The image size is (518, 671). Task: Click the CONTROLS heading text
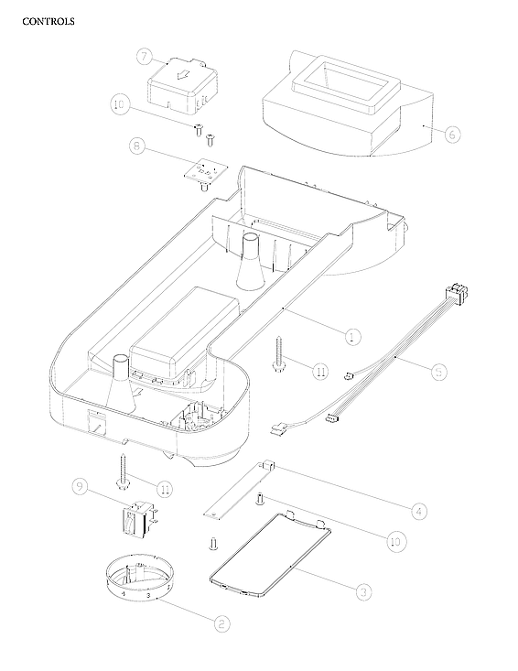tap(48, 21)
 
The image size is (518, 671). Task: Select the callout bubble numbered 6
tap(452, 133)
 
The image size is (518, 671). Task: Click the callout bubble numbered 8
tap(136, 146)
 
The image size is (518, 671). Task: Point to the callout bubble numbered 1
tap(352, 336)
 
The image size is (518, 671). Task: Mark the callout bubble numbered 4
tap(418, 509)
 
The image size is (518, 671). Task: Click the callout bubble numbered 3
tap(363, 591)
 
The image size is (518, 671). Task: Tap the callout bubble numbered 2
tap(221, 623)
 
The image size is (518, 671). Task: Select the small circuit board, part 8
tap(203, 169)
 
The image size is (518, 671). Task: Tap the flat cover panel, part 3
tap(268, 557)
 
